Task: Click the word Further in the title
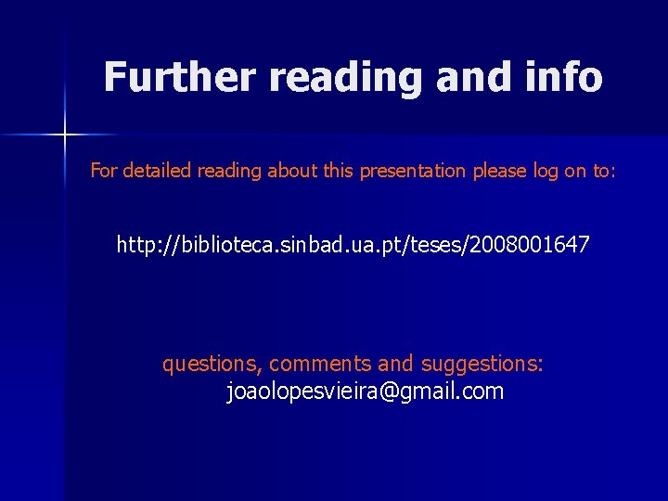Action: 178,77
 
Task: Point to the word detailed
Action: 155,171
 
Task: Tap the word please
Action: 500,172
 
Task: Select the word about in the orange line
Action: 290,171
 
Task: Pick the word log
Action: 546,172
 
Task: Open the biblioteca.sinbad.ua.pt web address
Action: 352,246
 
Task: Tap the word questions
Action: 212,364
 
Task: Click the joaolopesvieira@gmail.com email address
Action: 366,392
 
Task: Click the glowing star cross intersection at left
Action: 65,135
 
